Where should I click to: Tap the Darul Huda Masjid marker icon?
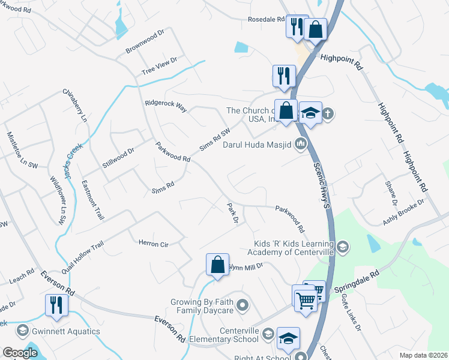click(301, 143)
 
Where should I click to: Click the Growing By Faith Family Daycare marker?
click(243, 306)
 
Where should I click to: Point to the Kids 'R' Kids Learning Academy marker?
click(342, 246)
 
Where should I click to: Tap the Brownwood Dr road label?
click(145, 41)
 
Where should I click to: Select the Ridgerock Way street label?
click(166, 106)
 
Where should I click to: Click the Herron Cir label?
click(153, 244)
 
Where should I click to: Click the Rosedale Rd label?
click(266, 19)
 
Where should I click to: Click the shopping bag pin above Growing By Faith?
click(217, 265)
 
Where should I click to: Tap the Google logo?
click(19, 353)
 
